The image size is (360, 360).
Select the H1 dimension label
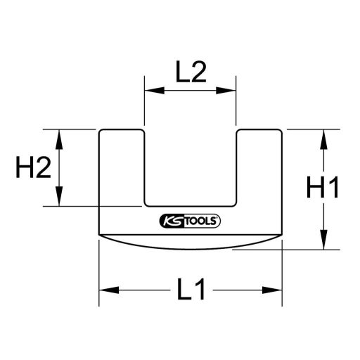point(323,189)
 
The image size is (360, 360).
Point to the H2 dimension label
point(32,168)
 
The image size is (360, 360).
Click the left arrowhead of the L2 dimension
point(150,90)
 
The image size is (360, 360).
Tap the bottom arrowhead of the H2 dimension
point(60,200)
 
